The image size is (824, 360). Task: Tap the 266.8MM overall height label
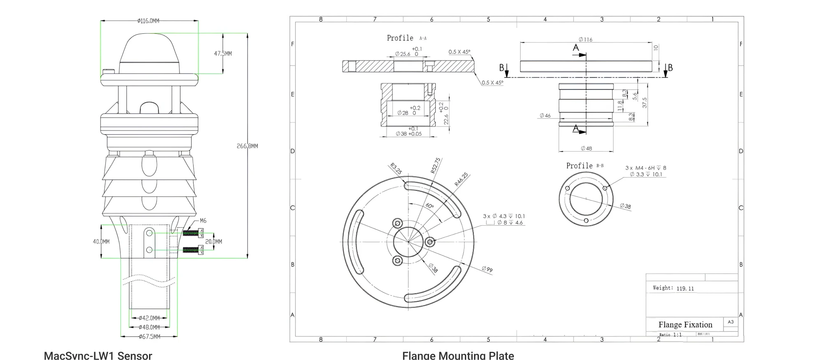click(x=247, y=146)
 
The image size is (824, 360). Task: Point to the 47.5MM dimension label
click(x=223, y=54)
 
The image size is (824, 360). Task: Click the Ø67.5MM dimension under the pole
click(x=149, y=337)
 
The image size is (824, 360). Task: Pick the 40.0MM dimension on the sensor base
click(x=101, y=241)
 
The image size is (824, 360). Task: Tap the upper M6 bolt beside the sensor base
click(x=193, y=233)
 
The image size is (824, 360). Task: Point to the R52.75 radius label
click(x=435, y=166)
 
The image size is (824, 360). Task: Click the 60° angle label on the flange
click(x=430, y=206)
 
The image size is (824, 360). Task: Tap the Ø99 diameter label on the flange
click(x=487, y=270)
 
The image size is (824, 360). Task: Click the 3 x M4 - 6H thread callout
click(x=645, y=168)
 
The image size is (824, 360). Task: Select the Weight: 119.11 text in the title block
click(x=673, y=288)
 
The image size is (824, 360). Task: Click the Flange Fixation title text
click(x=685, y=325)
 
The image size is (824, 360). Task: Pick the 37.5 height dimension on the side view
click(x=644, y=103)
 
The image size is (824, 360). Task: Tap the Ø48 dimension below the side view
click(x=586, y=148)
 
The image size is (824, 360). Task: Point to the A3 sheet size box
click(x=731, y=322)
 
